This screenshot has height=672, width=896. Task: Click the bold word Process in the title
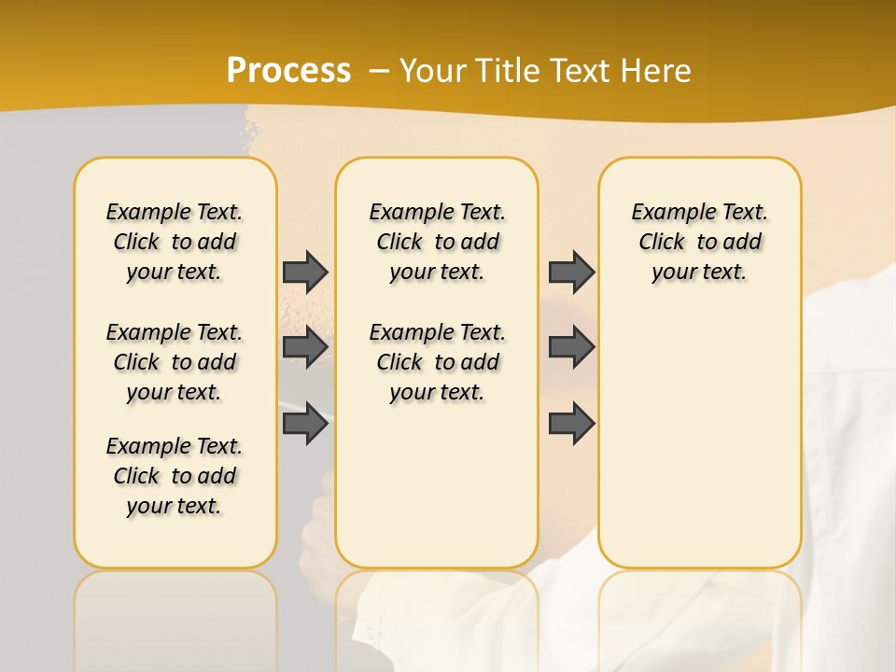tap(288, 70)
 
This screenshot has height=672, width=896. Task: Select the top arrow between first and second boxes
tap(305, 272)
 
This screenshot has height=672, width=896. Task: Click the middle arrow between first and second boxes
tap(305, 347)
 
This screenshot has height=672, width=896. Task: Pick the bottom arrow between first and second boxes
tap(305, 424)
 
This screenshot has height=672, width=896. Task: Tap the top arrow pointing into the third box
tap(571, 272)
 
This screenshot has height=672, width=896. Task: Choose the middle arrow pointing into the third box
tap(571, 347)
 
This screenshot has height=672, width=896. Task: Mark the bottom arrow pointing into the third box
tap(571, 424)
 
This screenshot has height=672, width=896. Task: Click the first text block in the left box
tap(175, 242)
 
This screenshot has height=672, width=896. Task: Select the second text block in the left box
tap(175, 362)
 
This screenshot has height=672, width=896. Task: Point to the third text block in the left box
tap(175, 476)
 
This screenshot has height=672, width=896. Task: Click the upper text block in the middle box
tap(437, 242)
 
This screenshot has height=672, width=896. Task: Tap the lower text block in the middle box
tap(437, 362)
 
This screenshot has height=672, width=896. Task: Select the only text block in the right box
tap(699, 242)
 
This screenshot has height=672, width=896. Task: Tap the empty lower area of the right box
tap(699, 448)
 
